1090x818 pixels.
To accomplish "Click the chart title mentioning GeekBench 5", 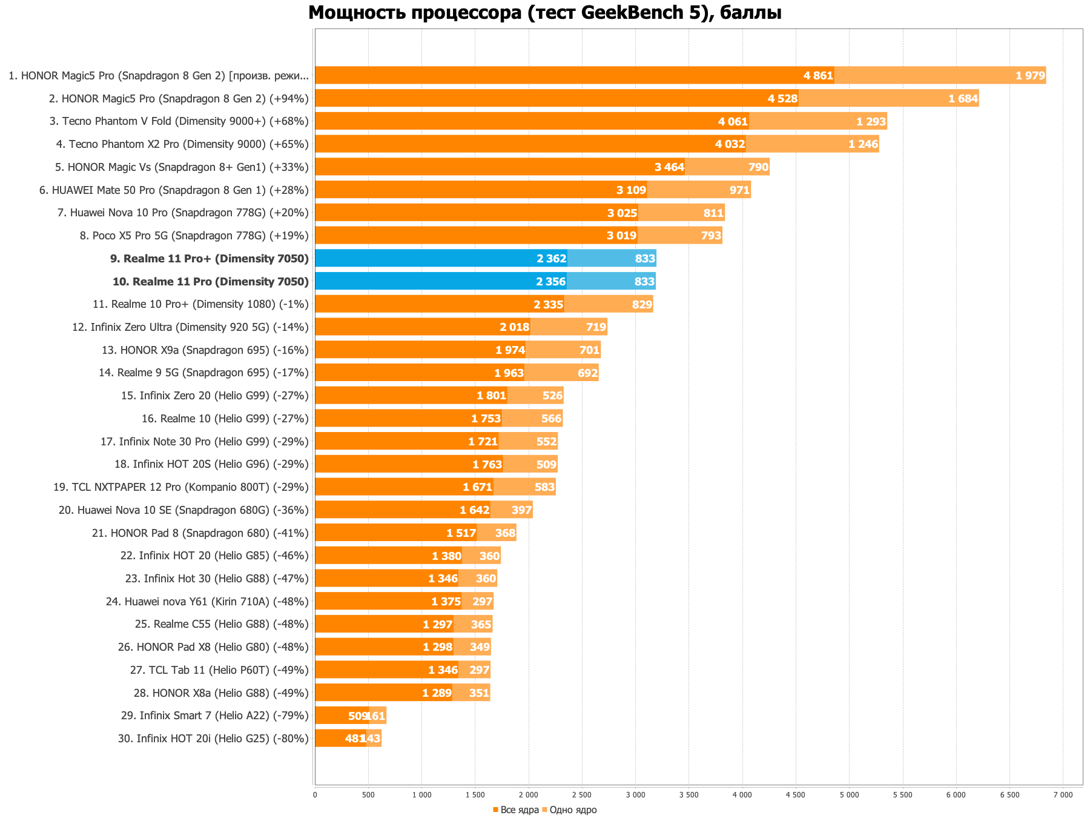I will click(544, 13).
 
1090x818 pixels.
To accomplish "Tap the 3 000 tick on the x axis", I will click(635, 794).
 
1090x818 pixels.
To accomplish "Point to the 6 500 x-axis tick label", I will click(1009, 794).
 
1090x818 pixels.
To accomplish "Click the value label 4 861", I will click(818, 76).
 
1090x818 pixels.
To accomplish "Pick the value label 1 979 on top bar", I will click(1030, 76).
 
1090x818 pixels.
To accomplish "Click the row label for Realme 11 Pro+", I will click(210, 259).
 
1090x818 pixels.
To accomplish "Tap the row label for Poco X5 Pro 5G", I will click(194, 236).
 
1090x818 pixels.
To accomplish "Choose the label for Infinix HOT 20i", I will click(214, 739).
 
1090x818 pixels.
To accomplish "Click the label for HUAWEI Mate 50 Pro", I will click(174, 190).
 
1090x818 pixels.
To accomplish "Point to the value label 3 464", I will click(669, 167).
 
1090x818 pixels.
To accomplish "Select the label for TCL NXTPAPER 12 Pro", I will click(181, 487).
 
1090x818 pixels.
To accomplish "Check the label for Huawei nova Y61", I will click(208, 601).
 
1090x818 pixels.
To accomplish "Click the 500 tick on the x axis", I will click(368, 794).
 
